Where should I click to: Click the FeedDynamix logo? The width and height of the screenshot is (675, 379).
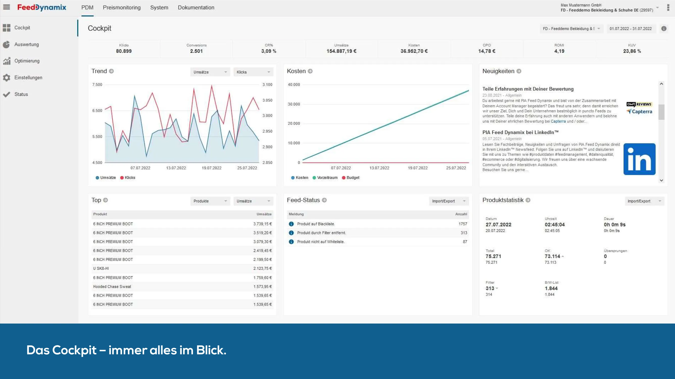[x=42, y=7]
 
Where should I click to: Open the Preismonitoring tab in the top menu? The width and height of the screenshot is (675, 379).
[x=122, y=8]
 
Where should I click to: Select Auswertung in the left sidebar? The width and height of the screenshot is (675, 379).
[x=27, y=44]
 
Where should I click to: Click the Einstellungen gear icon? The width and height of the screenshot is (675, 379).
[x=7, y=78]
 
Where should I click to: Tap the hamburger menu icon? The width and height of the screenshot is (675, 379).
[x=7, y=7]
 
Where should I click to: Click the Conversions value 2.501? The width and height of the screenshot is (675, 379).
[x=196, y=51]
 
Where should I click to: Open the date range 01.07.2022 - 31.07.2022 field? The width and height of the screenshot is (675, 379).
[x=631, y=29]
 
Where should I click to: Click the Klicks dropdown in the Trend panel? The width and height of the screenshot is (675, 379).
[x=253, y=72]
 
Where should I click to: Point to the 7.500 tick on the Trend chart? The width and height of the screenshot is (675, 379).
[x=97, y=85]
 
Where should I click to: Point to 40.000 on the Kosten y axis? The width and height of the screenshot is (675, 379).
[x=294, y=85]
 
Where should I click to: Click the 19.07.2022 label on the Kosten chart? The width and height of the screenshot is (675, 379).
[x=417, y=168]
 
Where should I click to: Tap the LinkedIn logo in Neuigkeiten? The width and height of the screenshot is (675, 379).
[x=639, y=159]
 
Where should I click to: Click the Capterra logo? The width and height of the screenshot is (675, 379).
[x=639, y=112]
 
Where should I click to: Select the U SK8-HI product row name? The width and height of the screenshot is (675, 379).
[x=101, y=268]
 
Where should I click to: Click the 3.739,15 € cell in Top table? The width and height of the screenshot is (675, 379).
[x=262, y=224]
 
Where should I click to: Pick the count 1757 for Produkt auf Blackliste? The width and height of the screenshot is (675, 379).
[x=463, y=224]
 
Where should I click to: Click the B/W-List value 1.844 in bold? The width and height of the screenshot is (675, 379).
[x=551, y=288]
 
